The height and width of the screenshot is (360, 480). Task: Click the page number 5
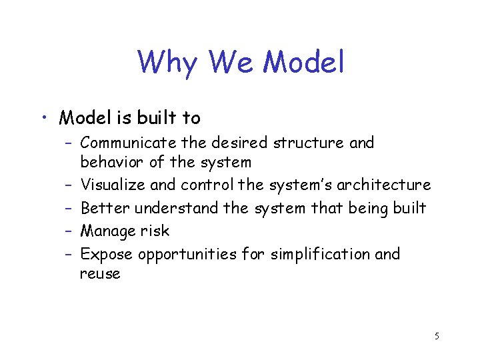(436, 336)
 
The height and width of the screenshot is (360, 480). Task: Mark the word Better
(105, 208)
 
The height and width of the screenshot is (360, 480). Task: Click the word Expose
(107, 254)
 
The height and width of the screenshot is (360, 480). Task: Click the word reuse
(100, 273)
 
